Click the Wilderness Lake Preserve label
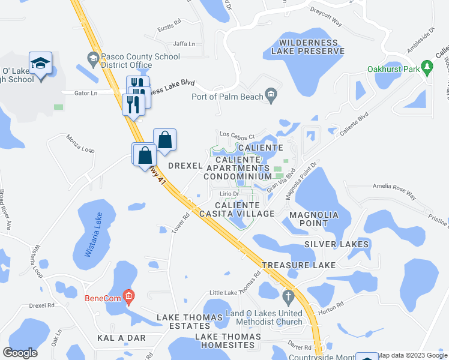tap(311, 46)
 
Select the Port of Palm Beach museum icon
tap(271, 95)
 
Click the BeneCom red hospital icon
tap(127, 295)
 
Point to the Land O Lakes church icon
tap(288, 296)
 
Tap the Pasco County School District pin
tap(93, 59)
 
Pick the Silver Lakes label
tap(336, 244)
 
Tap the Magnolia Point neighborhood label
tap(313, 218)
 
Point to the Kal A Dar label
tap(121, 338)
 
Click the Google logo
tap(20, 353)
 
